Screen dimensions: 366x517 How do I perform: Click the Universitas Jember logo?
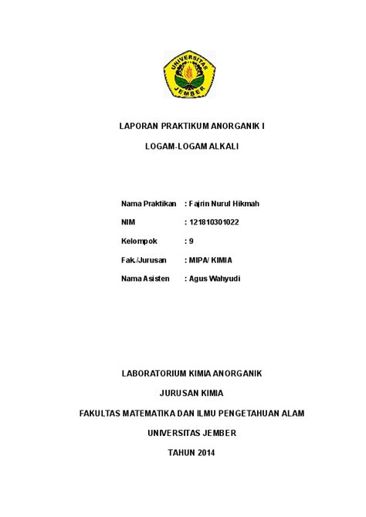coord(184,74)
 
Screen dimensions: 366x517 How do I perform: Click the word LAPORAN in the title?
coord(137,126)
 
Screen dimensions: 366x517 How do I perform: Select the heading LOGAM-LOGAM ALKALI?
coord(183,146)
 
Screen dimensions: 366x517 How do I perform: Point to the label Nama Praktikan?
coord(149,203)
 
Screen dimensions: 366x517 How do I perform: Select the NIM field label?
coord(128,222)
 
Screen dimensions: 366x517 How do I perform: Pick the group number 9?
coord(191,241)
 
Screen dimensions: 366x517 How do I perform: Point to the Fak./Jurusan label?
coord(144,260)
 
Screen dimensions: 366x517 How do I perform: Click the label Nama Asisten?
coord(145,279)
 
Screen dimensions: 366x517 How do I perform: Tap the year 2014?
coord(205,453)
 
